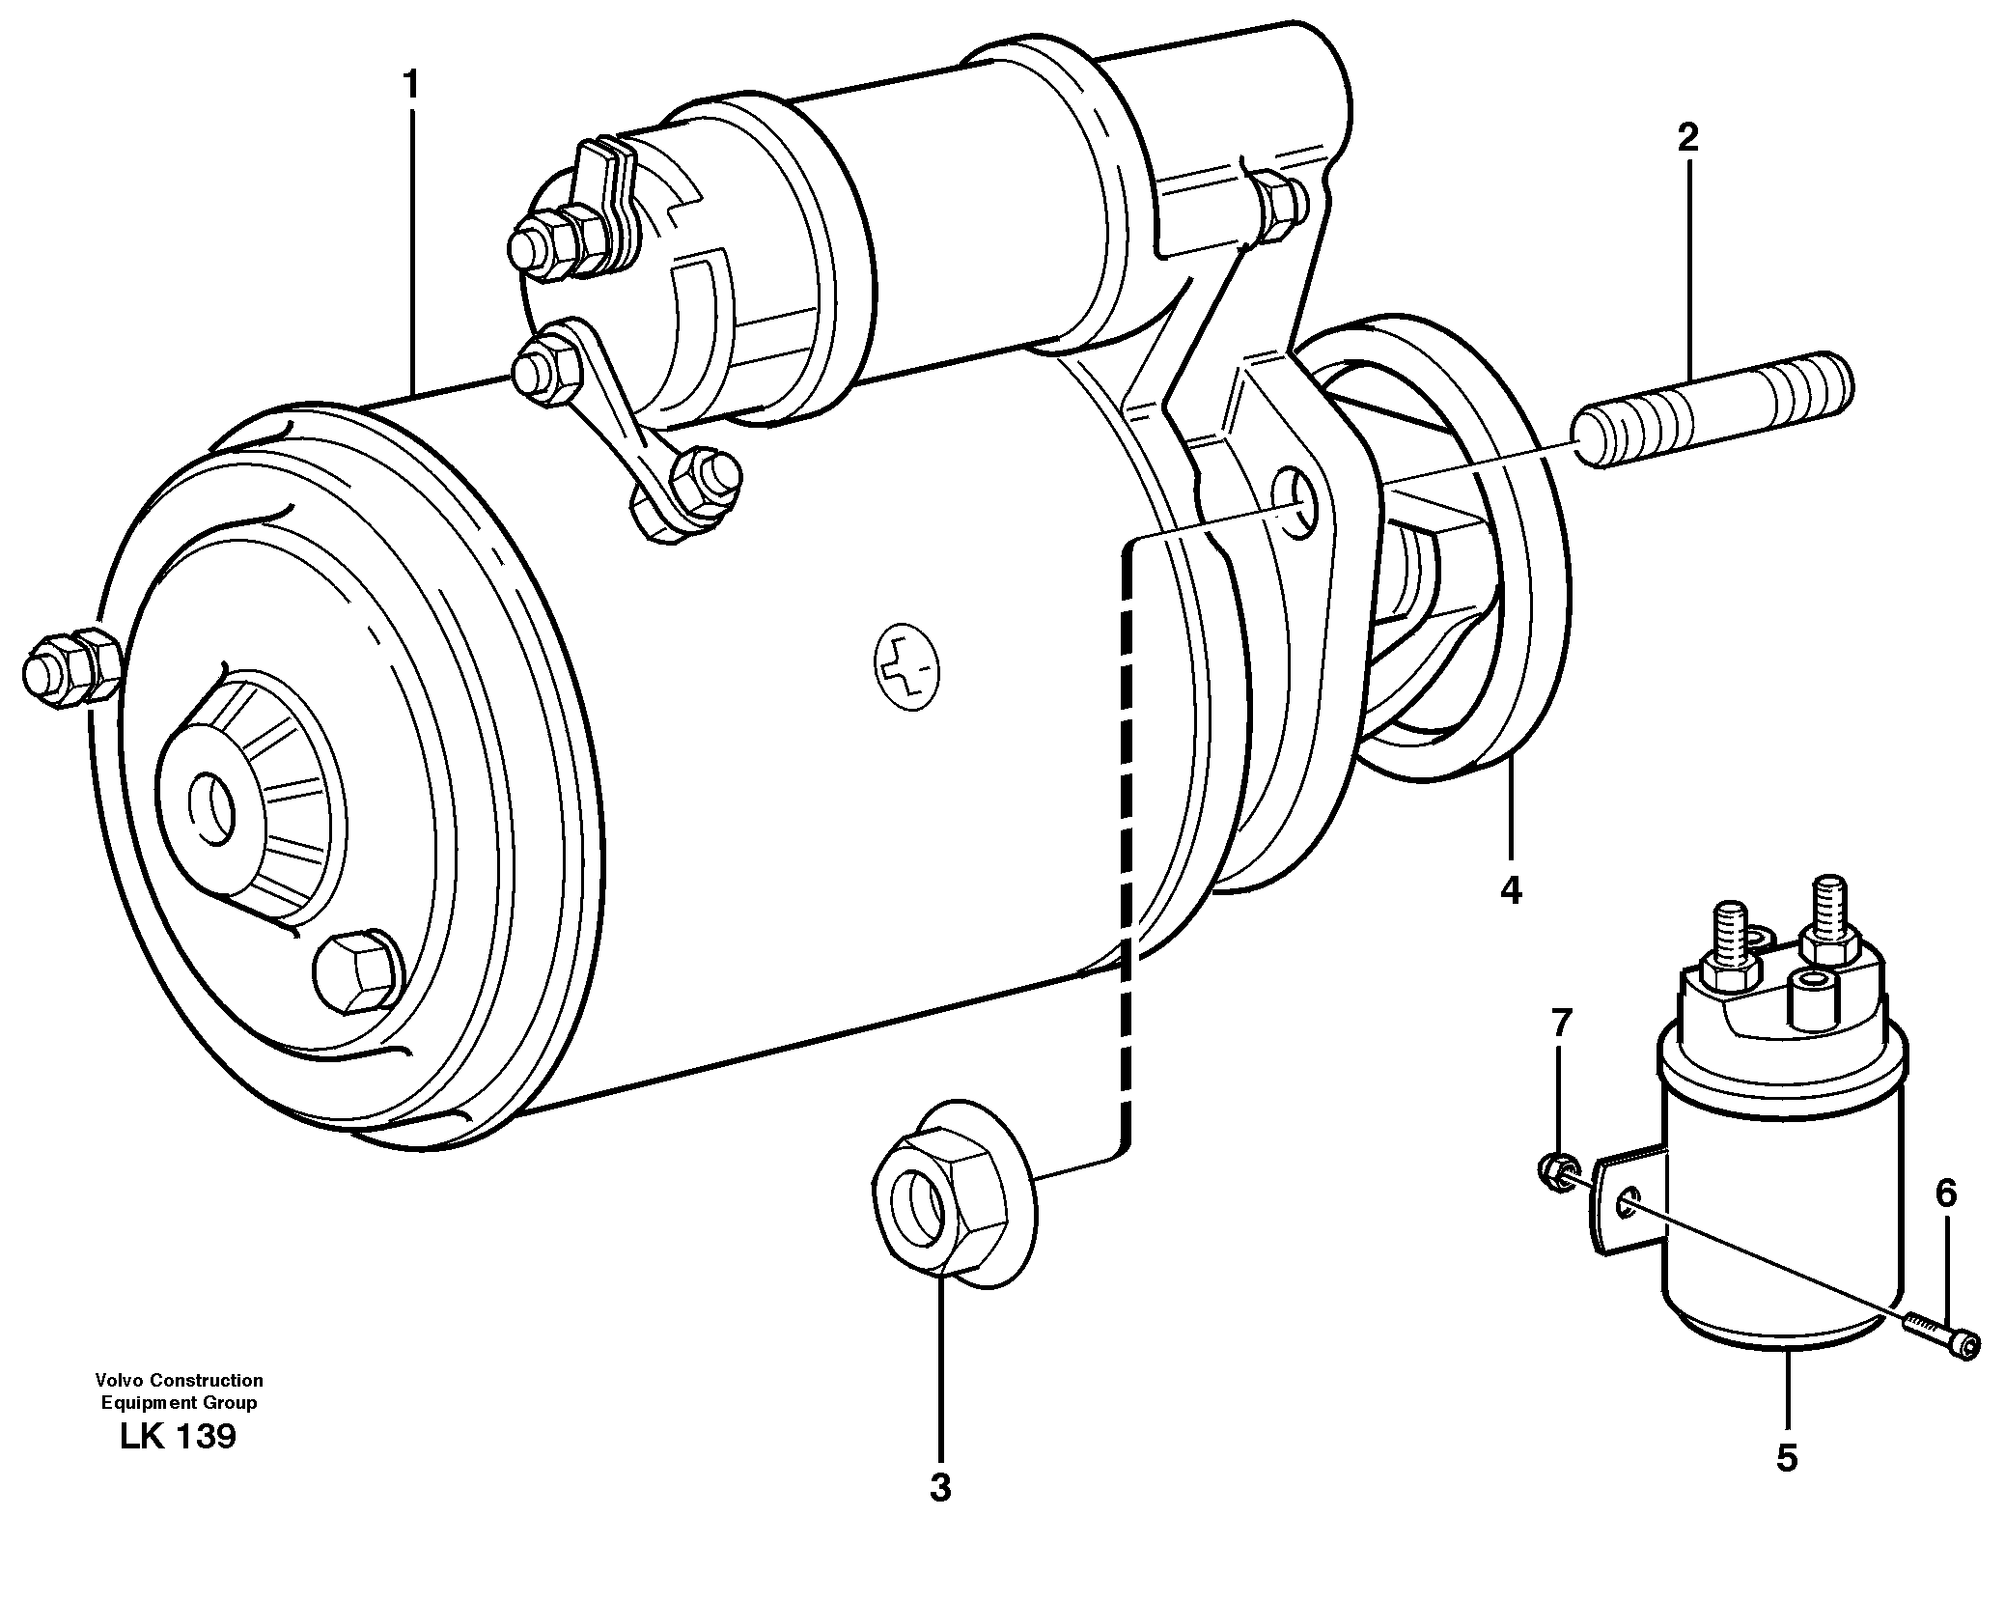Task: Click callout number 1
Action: [x=412, y=87]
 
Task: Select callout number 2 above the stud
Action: [x=1687, y=138]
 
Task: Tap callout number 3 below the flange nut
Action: [x=940, y=1488]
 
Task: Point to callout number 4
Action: [x=1511, y=889]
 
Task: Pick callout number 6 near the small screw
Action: [x=1946, y=1195]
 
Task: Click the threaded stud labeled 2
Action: [x=1713, y=410]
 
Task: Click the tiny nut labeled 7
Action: [x=1553, y=1171]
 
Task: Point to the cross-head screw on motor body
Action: [x=907, y=667]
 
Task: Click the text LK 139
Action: [x=178, y=1437]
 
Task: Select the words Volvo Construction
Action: [x=179, y=1381]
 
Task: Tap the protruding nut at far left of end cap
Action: [x=68, y=665]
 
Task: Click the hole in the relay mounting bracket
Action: [x=1628, y=1201]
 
